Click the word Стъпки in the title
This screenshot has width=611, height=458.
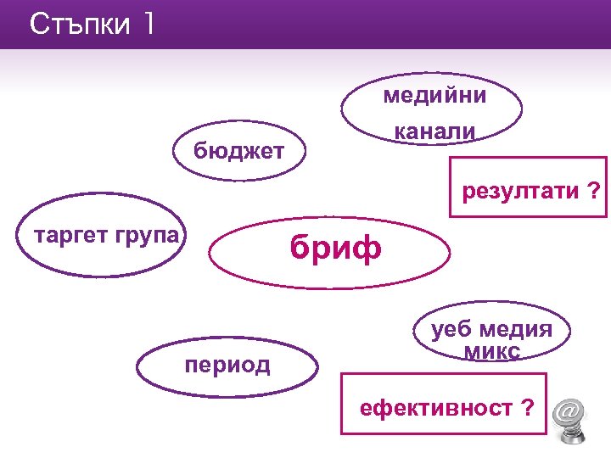coord(77,24)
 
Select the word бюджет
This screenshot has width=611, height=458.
coord(238,152)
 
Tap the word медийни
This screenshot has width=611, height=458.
coord(434,96)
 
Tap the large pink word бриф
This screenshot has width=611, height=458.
coord(335,248)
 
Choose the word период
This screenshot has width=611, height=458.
coord(227,366)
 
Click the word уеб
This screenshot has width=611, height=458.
coord(450,330)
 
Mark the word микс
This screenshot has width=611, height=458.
coord(492,350)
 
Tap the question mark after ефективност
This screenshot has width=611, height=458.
coord(528,409)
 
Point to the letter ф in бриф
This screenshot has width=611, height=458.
coord(365,249)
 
